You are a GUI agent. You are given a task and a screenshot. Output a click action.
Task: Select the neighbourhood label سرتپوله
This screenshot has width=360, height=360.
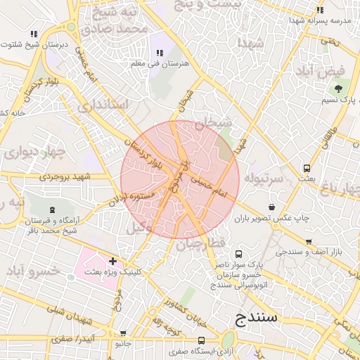pos(264,179)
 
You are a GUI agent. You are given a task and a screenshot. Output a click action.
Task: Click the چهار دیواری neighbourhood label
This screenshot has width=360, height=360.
pos(32,151)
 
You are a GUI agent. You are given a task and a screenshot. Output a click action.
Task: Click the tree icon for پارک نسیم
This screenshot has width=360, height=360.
pos(338,89)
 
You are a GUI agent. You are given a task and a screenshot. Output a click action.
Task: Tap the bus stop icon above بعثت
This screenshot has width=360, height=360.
pos(307,168)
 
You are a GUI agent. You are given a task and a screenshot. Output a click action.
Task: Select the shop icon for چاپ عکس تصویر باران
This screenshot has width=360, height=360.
pos(272,207)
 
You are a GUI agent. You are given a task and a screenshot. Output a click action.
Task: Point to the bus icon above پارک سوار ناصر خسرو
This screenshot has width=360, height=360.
pos(239,254)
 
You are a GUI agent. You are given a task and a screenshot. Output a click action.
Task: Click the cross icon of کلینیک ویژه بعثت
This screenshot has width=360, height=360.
pos(112,262)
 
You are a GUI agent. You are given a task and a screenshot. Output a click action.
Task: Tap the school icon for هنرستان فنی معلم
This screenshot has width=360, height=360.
pos(160,53)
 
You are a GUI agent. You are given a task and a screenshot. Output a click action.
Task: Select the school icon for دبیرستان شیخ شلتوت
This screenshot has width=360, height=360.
pos(34,34)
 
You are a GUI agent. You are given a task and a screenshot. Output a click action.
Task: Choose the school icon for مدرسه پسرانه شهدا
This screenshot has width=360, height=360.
pos(321,10)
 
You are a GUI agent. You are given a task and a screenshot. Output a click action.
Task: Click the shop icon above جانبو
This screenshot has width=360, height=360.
pos(124,334)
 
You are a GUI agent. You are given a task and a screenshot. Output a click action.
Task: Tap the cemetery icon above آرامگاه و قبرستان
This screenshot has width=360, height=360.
pos(51,210)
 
